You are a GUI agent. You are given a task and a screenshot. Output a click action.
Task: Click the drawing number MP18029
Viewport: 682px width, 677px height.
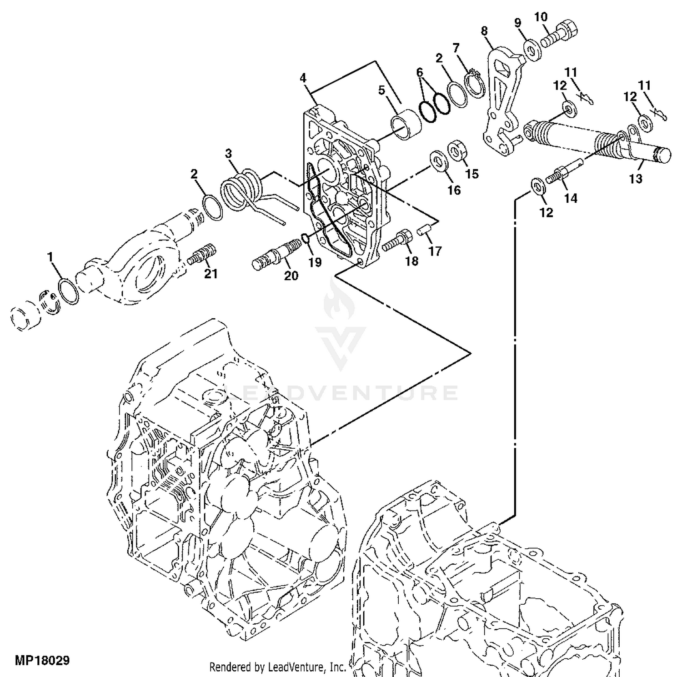(42, 660)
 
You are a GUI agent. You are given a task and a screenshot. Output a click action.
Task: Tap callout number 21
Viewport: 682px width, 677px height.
(211, 273)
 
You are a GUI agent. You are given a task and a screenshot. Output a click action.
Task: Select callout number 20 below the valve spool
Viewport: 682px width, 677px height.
(291, 276)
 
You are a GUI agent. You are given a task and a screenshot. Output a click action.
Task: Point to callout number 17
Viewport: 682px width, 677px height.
(435, 251)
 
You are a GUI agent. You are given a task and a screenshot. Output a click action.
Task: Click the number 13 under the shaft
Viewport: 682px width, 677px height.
(636, 179)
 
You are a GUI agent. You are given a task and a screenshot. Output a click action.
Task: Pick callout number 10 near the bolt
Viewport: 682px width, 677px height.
(541, 17)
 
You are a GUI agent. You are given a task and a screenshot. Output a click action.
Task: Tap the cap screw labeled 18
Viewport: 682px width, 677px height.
(398, 241)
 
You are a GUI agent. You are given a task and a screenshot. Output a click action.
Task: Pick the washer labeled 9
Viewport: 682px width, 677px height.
(532, 50)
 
